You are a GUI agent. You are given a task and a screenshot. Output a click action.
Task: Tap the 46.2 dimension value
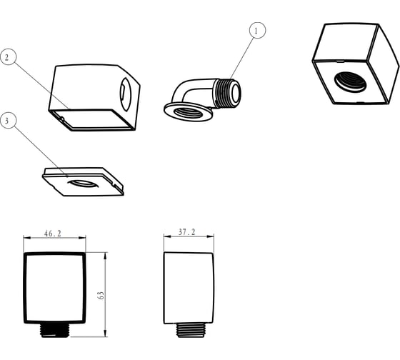coord(53,234)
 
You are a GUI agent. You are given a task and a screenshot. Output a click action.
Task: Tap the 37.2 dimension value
coord(186,232)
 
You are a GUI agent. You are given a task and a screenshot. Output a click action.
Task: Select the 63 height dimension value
coord(101,295)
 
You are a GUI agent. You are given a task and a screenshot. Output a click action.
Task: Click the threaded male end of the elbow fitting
coord(228,93)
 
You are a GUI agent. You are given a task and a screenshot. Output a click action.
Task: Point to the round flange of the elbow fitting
coord(188,112)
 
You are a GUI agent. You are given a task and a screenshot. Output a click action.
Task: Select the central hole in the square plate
coord(83,184)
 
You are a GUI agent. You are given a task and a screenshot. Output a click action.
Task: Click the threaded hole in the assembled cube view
coord(351,82)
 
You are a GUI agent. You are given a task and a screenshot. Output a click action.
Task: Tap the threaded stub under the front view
coord(54,331)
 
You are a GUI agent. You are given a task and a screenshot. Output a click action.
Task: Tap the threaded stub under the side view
coord(191,331)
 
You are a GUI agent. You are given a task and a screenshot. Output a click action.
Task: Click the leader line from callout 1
coord(242,59)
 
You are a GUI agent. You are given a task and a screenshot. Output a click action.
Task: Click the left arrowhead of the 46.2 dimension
coord(27,238)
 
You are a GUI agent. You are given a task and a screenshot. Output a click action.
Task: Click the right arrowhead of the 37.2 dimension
coord(210,236)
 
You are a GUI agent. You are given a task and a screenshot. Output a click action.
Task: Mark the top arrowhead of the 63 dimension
coord(105,256)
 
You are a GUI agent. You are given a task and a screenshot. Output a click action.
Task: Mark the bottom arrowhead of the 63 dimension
coord(105,333)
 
